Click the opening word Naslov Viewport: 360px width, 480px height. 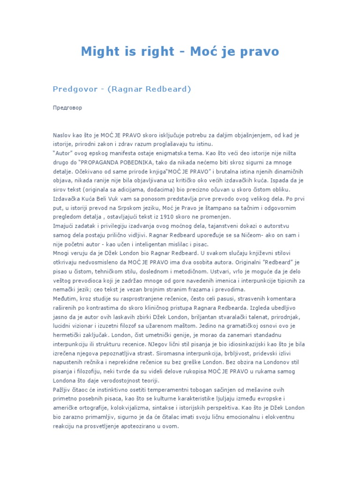(62, 135)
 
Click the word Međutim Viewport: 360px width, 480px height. (65, 299)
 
